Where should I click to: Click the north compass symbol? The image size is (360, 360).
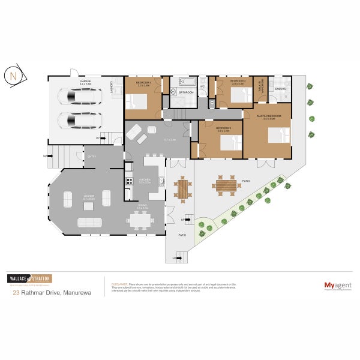point(13,76)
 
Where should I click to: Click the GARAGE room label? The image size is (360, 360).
point(85,81)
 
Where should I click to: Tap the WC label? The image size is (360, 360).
point(203,86)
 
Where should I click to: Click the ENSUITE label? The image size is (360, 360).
point(281,89)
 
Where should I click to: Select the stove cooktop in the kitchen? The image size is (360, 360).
point(128,181)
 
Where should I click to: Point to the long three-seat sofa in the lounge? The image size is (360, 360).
point(90,222)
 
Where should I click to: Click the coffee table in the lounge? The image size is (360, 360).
point(89,206)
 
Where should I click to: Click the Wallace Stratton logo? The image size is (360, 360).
point(29,279)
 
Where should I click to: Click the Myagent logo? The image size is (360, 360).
point(337,286)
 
